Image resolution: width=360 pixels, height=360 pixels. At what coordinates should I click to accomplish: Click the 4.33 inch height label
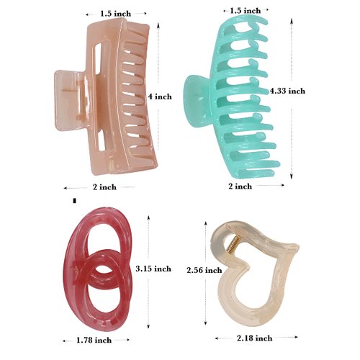click(x=287, y=91)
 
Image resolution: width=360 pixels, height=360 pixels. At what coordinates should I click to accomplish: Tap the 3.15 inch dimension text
click(x=153, y=268)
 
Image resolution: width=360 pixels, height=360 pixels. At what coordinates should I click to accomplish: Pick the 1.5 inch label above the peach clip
click(x=115, y=13)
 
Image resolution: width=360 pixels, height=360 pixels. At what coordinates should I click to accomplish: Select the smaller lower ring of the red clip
click(x=102, y=281)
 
